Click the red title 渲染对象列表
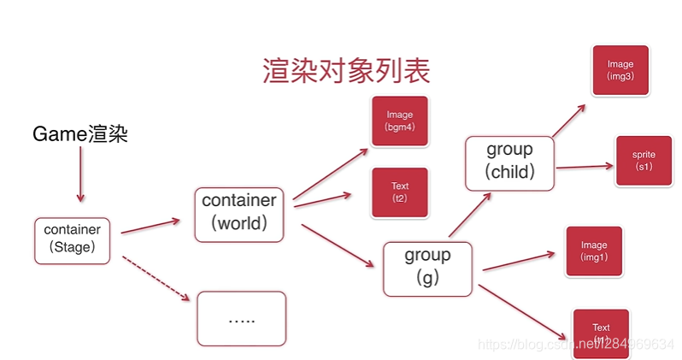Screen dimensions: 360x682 pos(346,71)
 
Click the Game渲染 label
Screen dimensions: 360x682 pos(80,133)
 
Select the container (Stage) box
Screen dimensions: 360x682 pos(73,240)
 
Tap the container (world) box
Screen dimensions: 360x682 pos(238,214)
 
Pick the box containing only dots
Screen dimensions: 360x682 pos(242,319)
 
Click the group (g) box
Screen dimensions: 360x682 pos(427,268)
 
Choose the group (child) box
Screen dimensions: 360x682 pos(509,162)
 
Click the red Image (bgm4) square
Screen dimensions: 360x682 pos(399,121)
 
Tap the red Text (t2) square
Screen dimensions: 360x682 pos(400,192)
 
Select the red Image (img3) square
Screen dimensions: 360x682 pos(620,69)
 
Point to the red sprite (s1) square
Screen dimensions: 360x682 pos(644,161)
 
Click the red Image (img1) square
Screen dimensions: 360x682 pos(594,251)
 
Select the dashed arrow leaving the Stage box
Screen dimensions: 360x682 pos(156,277)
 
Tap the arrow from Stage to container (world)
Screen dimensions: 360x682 pos(150,226)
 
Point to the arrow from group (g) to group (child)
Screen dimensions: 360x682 pos(470,214)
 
